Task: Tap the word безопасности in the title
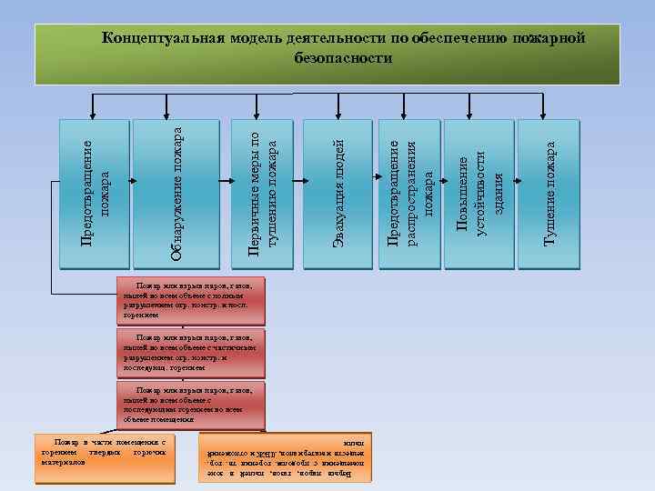click(344, 57)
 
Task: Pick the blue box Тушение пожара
click(549, 195)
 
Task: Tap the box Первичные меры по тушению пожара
click(262, 195)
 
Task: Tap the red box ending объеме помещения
click(190, 406)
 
